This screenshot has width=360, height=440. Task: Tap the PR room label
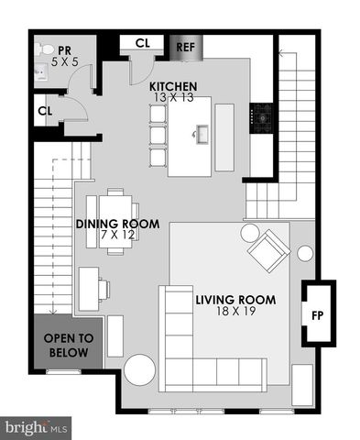[65, 50]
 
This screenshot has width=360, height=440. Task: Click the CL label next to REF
[143, 42]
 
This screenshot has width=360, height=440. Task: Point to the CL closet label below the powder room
[45, 111]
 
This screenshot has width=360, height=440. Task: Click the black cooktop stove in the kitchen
[263, 115]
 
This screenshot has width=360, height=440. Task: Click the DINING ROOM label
[117, 224]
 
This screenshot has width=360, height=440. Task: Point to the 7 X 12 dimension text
[117, 236]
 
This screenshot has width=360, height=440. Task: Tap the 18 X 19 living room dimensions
[234, 312]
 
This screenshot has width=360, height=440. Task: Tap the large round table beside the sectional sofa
[140, 371]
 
